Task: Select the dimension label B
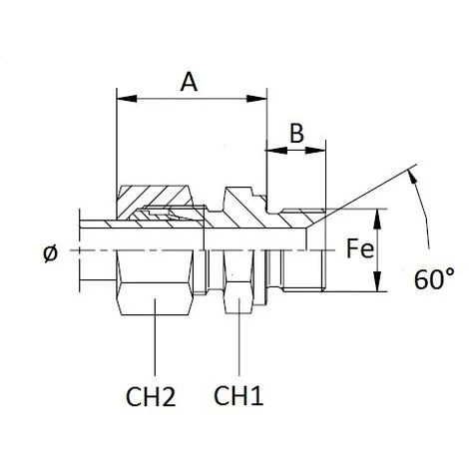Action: point(296,132)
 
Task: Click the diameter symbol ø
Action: point(51,251)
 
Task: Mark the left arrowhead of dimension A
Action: point(123,98)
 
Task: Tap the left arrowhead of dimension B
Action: point(272,152)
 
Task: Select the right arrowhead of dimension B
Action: point(320,152)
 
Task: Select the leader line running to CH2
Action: point(157,349)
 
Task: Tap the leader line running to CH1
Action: point(238,349)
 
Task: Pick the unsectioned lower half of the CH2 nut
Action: point(160,284)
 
